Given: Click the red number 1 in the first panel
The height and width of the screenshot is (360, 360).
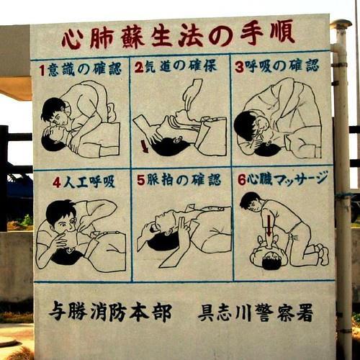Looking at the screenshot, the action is point(42,71).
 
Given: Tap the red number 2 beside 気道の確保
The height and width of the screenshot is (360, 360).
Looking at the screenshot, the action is point(139,67).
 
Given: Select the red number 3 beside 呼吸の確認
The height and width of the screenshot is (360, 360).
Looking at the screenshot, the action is point(239,67).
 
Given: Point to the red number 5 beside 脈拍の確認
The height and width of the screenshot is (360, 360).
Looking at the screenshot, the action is point(141,180).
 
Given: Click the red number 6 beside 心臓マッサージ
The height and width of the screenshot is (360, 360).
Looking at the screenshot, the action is point(242,180).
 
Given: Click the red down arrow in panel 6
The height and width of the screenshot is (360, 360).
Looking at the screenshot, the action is point(269,225).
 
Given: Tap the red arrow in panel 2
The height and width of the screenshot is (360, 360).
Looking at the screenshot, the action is point(145,146).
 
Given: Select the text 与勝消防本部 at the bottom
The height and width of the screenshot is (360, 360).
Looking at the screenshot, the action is point(110,312).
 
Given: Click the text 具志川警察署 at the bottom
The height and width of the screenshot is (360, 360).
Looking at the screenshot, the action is point(256,312).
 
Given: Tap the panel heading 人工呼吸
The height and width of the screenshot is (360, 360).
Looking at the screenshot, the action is point(89,183).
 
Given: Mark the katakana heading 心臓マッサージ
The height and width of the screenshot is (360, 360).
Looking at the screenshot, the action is point(287,179).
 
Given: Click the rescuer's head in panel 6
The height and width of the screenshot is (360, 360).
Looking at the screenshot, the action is point(251,202).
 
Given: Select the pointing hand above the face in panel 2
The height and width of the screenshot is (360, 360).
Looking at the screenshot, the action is point(193,94).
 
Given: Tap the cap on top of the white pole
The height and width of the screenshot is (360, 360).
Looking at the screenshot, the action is point(341,24).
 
